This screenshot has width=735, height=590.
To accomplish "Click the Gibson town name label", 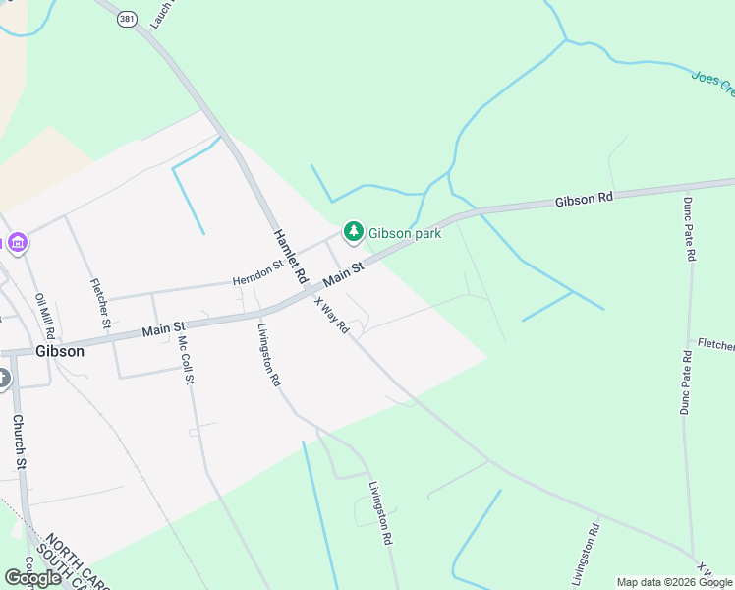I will pos(60,351).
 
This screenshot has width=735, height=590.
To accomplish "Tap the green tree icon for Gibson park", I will pos(353,232).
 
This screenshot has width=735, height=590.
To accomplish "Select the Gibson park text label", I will pos(404,233).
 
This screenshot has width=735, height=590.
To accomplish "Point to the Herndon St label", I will pos(257,272).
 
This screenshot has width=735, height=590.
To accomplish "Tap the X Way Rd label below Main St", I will pos(331,316).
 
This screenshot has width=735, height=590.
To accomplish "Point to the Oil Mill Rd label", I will pos(45,316).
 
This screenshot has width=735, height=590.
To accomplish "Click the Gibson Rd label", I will pos(584,199).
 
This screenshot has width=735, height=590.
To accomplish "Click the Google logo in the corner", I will pos(32,577).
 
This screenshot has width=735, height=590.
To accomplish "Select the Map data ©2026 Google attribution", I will pos(674,582).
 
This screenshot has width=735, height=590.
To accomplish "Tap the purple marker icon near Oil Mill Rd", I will pos(16,241).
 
